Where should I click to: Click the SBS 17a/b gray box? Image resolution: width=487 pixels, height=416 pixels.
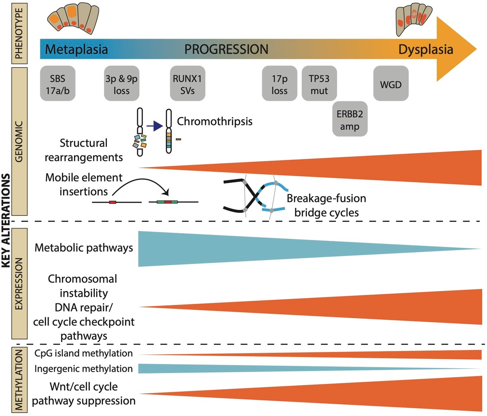57,83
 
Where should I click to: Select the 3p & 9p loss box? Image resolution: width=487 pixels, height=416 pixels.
122,83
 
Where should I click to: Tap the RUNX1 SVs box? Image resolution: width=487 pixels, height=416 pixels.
187,83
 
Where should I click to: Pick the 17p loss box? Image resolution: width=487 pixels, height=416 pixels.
280,83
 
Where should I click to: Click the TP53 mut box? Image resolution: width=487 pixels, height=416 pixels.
319,83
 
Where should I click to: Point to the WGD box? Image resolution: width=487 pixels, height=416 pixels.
391,83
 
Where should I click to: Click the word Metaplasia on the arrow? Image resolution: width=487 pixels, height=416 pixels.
76,49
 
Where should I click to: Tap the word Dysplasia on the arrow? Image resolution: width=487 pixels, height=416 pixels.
426,49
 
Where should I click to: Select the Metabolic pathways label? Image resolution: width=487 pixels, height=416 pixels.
83,248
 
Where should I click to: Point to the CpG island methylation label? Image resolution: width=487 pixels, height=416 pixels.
83,353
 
